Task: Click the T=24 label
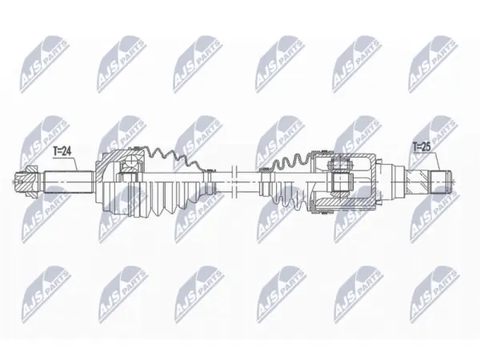(62, 151)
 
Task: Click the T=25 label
(422, 147)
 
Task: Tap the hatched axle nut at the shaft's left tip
(26, 182)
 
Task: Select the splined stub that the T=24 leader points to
(69, 182)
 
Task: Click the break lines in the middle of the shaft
(234, 182)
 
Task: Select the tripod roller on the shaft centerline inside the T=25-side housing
(340, 182)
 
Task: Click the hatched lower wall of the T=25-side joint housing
(344, 203)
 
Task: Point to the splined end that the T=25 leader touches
(441, 182)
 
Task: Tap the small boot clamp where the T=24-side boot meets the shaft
(210, 182)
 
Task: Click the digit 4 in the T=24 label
(69, 151)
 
